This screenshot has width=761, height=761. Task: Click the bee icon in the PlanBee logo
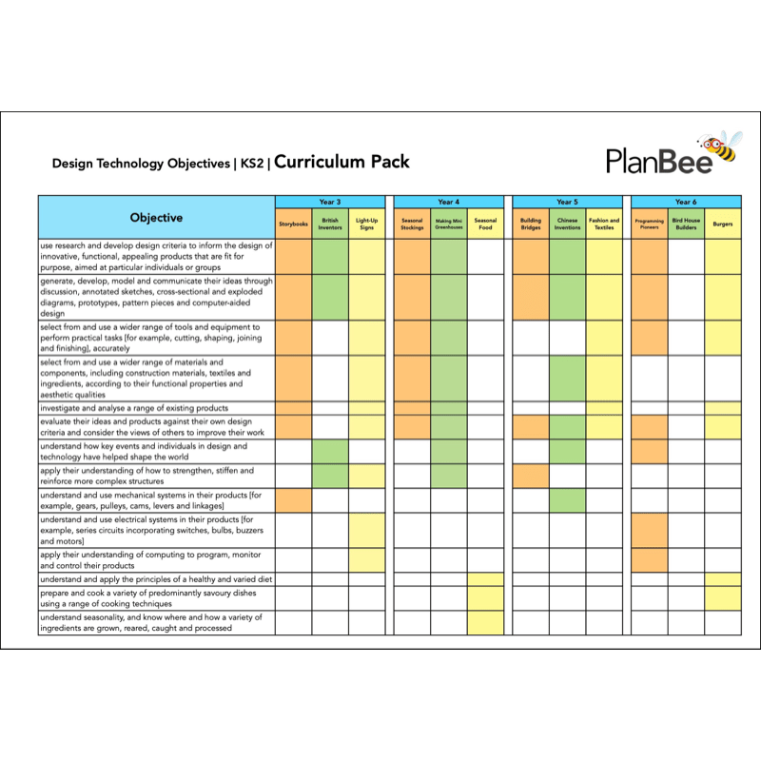720,148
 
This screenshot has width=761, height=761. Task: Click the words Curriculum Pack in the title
341,162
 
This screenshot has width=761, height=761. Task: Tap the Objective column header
156,218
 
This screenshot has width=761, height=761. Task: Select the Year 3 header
330,202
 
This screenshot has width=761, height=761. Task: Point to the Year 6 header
686,202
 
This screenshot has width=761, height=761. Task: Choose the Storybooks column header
293,224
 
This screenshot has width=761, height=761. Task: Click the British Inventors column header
330,224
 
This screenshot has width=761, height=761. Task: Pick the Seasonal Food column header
485,224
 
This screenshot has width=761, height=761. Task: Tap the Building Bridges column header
531,224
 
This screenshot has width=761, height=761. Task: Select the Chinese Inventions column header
567,224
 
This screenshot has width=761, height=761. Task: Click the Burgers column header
722,224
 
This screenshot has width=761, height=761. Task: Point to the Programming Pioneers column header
649,224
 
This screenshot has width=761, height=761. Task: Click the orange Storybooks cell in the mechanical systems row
293,500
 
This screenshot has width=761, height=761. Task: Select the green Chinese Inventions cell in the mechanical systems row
567,500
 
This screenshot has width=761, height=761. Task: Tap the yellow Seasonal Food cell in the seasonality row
485,623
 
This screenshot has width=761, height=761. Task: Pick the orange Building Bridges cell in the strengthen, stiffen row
531,476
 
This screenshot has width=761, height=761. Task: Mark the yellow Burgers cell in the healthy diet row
722,579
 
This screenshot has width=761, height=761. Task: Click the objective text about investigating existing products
134,408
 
